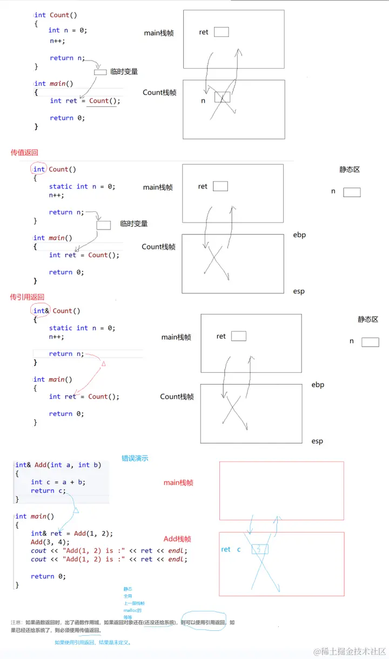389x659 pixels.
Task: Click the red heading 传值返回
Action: click(x=24, y=153)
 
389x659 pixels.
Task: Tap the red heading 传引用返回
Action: click(x=27, y=297)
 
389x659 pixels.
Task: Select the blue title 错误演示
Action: click(x=135, y=458)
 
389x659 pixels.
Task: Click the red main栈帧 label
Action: click(x=178, y=483)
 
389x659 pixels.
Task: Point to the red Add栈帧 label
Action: click(x=178, y=539)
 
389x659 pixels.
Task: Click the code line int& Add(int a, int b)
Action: click(x=58, y=465)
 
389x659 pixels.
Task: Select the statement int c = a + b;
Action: click(x=58, y=482)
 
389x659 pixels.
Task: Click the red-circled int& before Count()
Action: click(x=39, y=311)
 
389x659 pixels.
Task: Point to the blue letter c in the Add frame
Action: click(x=239, y=549)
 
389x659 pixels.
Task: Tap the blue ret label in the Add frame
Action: click(x=226, y=549)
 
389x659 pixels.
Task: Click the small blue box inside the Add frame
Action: click(x=260, y=549)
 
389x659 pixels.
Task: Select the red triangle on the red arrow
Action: click(x=103, y=365)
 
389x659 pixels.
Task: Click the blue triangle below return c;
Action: click(x=76, y=510)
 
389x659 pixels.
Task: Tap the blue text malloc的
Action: click(x=132, y=610)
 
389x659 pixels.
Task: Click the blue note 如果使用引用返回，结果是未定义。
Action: click(x=93, y=643)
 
